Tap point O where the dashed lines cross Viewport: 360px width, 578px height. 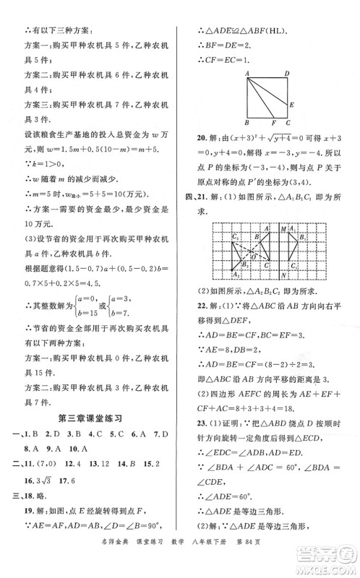(x=253, y=257)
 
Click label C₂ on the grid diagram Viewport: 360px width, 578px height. (x=235, y=236)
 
